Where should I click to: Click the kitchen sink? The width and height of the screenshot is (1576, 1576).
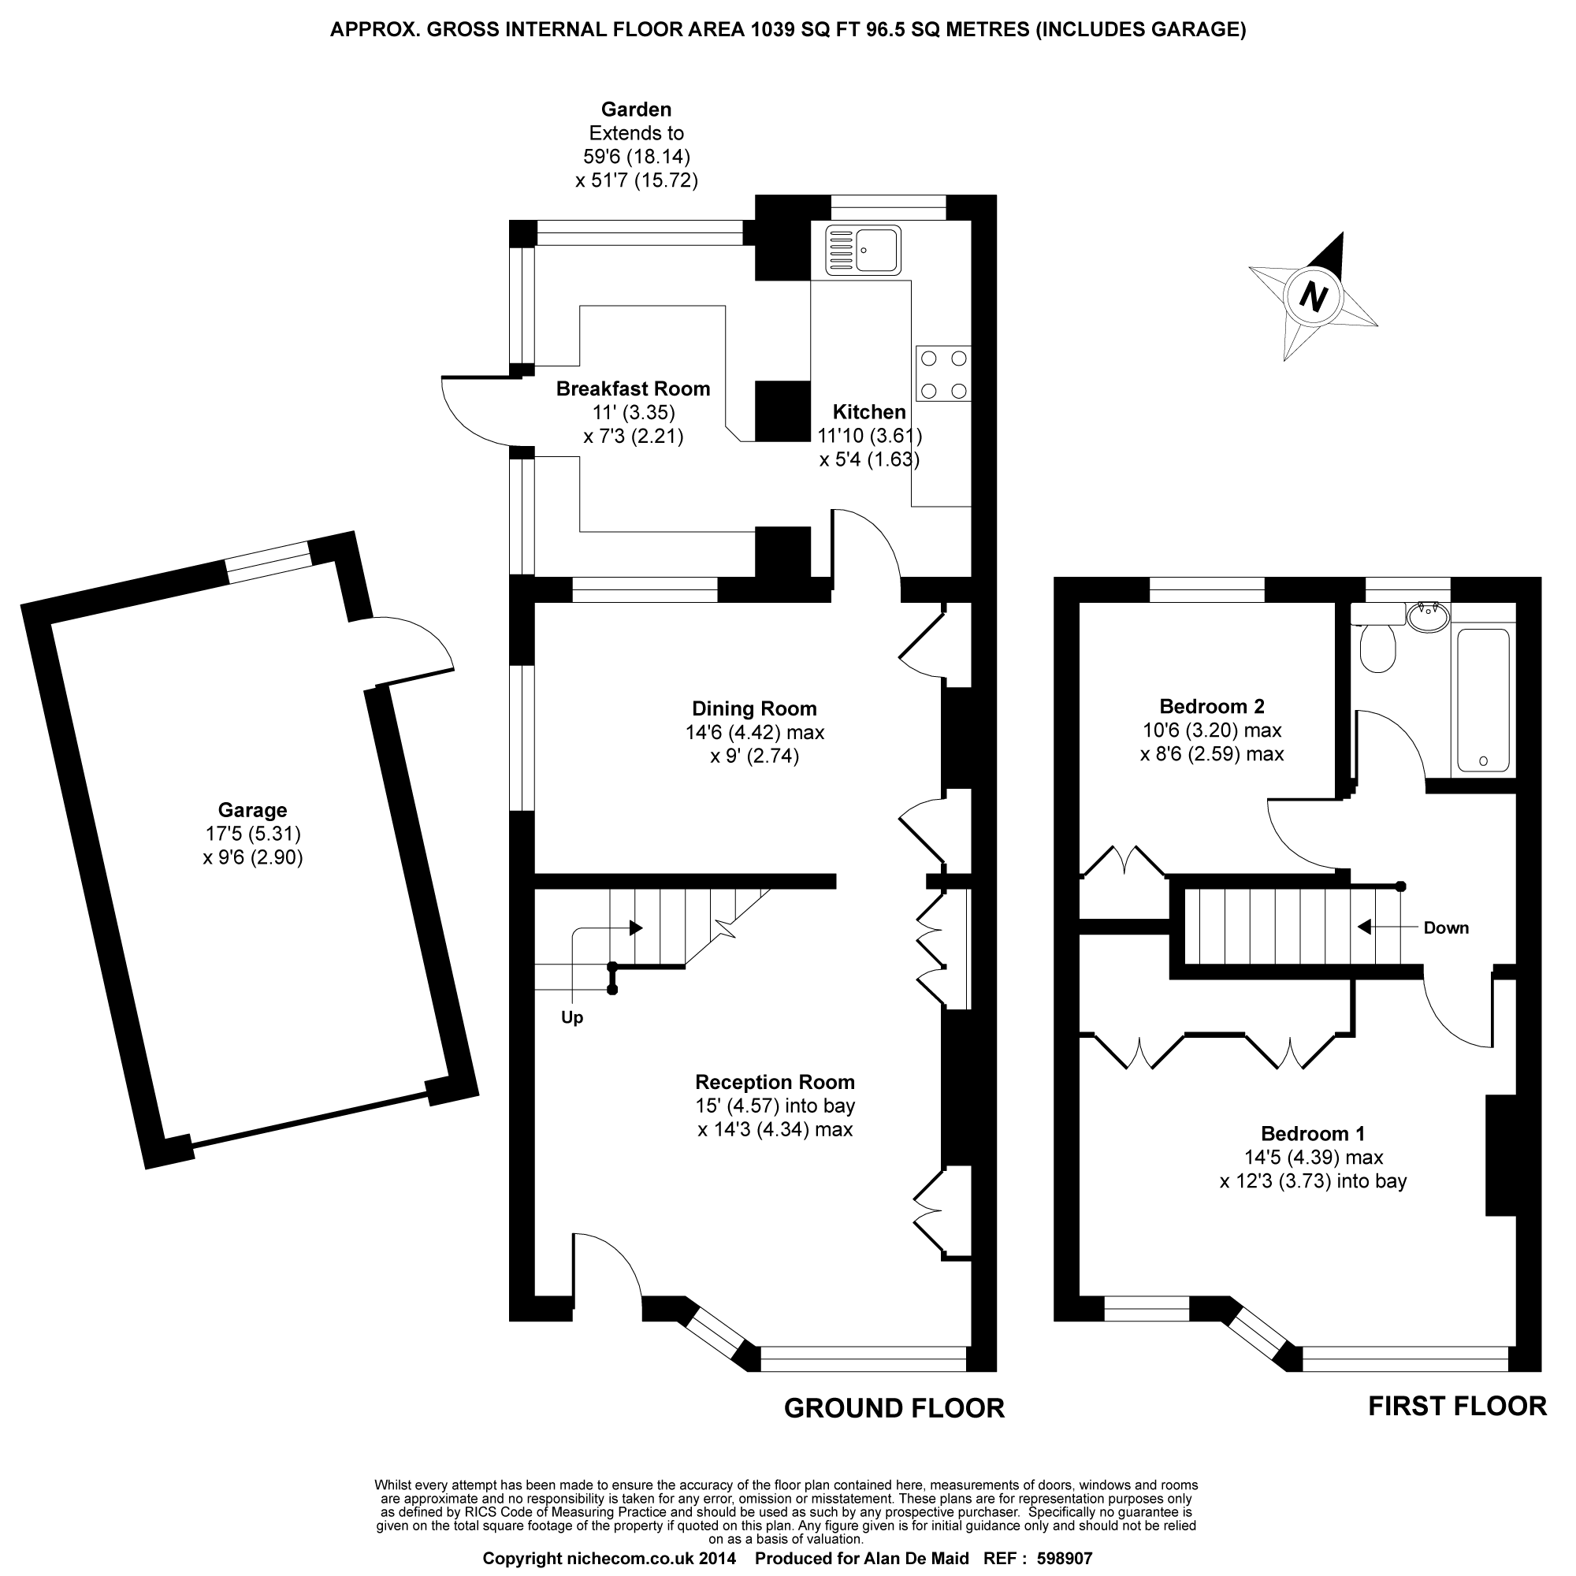tap(863, 250)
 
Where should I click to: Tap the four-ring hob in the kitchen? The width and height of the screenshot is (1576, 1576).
tap(944, 374)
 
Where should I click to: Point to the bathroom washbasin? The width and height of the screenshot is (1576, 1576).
tap(1429, 615)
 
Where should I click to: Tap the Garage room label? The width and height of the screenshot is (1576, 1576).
tap(252, 810)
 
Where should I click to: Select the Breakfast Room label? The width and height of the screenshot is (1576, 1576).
tap(633, 389)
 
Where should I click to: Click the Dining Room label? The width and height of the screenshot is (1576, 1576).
tap(754, 709)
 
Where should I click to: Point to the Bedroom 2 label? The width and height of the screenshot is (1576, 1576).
tap(1211, 706)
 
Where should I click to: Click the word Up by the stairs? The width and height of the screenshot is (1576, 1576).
tap(572, 1018)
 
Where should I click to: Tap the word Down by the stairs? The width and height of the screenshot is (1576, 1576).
tap(1445, 927)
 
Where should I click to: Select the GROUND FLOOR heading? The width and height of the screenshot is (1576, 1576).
tap(894, 1408)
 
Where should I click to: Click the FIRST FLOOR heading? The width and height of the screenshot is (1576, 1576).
tap(1457, 1407)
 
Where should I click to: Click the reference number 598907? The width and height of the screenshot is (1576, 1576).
tap(1064, 1559)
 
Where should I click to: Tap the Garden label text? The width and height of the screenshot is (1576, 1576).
tap(636, 110)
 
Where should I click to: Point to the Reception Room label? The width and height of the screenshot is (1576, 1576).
tap(775, 1083)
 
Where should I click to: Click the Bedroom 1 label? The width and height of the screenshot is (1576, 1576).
tap(1313, 1134)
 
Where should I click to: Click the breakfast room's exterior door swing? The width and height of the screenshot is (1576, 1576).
tap(473, 412)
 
